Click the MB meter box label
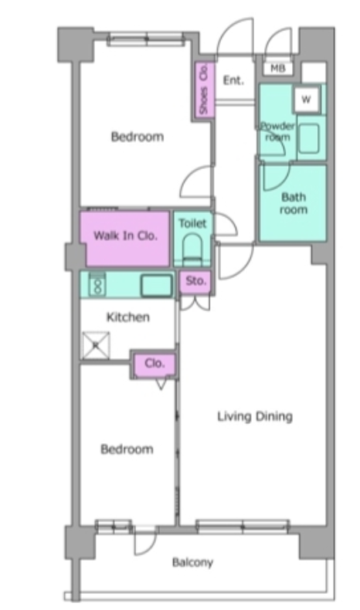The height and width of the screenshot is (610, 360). coord(277,69)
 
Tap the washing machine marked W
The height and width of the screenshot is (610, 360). coord(307,99)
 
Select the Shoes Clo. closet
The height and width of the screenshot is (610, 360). coord(204,90)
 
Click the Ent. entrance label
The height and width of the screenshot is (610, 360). coord(233,80)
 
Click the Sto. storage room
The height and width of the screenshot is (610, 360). coord(195,281)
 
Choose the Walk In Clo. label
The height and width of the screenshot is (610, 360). coord(125,236)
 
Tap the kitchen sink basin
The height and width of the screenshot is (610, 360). coord(157,285)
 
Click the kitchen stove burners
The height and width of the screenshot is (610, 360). coord(97,285)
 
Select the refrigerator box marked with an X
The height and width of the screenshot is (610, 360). coord(96,344)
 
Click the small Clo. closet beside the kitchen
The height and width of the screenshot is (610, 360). coord(155,364)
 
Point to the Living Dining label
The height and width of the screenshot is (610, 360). coord(254,417)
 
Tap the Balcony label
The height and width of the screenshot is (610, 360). coord(192,563)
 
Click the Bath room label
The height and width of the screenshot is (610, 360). coord(294,203)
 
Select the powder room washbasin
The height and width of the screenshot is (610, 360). coord(309,138)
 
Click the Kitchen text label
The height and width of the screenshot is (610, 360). coord(128,317)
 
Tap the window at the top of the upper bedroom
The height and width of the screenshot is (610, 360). coord(146,39)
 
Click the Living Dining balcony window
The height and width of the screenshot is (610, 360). coord(243,527)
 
